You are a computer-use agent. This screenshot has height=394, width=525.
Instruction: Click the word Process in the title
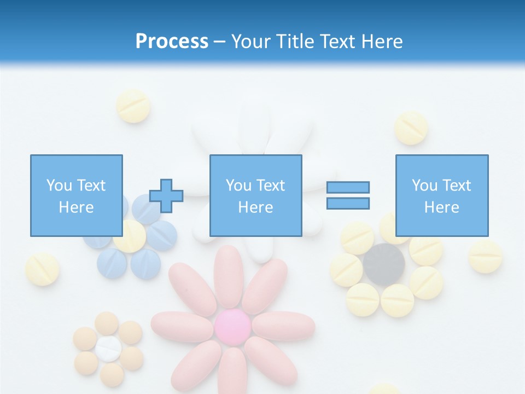click(x=172, y=42)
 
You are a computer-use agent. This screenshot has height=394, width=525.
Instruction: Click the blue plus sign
click(x=166, y=195)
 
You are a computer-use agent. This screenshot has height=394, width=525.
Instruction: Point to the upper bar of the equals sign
click(x=348, y=187)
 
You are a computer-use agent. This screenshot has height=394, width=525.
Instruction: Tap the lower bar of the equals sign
click(x=348, y=204)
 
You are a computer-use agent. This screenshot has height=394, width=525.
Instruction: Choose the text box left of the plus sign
click(x=76, y=195)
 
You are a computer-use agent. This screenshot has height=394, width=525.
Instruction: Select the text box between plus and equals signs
click(x=255, y=195)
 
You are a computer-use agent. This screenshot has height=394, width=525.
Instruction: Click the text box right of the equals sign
click(x=441, y=195)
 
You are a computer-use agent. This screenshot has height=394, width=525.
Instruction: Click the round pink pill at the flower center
click(x=232, y=326)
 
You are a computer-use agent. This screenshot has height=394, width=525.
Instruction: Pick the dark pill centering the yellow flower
click(x=384, y=265)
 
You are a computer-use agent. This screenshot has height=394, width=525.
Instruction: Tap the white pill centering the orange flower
click(x=108, y=348)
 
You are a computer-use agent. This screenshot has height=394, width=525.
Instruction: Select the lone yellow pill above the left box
click(x=133, y=106)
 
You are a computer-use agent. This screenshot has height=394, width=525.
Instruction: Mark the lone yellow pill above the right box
click(x=411, y=128)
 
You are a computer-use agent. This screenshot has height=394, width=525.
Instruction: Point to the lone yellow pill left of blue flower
click(x=42, y=269)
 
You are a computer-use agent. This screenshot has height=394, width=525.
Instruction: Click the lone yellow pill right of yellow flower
click(x=485, y=256)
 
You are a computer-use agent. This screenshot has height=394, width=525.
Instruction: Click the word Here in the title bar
click(x=381, y=42)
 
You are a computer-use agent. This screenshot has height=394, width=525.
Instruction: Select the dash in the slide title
click(x=220, y=42)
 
